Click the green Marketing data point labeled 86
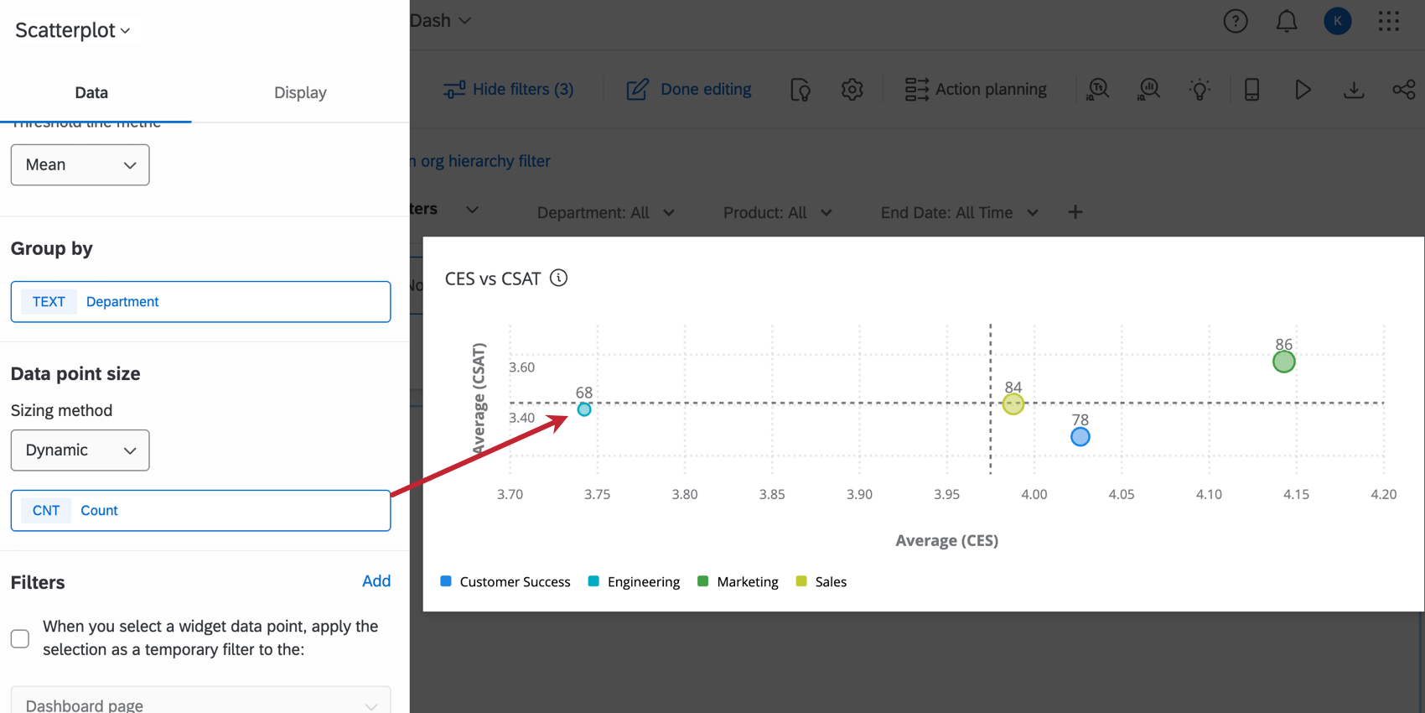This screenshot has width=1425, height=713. [1283, 362]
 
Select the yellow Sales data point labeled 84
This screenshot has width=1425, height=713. [1013, 404]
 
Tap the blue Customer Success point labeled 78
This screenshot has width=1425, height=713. [1080, 437]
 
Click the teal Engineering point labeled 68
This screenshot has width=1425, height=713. [584, 409]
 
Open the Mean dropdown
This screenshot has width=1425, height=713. [80, 165]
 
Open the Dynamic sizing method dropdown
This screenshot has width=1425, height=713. [80, 450]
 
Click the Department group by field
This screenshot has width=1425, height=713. [200, 302]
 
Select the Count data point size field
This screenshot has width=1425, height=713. [200, 511]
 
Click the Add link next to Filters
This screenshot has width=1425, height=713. [376, 581]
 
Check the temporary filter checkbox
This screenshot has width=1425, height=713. [20, 638]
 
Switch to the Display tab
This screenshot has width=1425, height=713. [300, 93]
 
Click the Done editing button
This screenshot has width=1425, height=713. [689, 90]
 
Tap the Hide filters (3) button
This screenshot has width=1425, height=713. [509, 90]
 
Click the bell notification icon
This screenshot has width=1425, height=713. [1286, 22]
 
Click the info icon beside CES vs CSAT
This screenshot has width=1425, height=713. [558, 278]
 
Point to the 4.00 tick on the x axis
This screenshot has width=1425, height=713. [1034, 495]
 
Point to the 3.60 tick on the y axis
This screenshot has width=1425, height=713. [521, 367]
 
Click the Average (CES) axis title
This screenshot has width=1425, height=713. [946, 541]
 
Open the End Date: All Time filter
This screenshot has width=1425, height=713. [959, 213]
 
